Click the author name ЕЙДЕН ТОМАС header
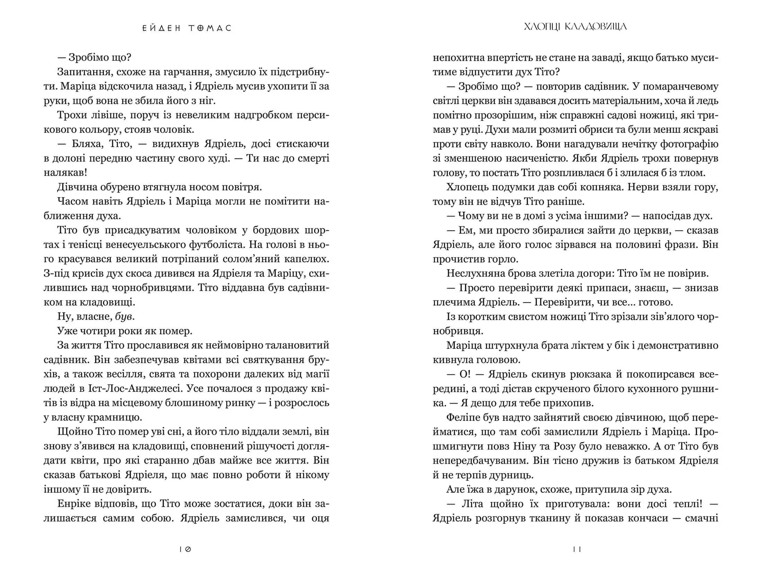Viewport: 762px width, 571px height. click(x=187, y=28)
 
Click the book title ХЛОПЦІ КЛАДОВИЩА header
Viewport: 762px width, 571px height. click(x=575, y=27)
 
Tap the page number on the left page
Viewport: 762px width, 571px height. click(x=185, y=549)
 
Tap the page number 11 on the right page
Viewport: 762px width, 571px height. click(x=577, y=549)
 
